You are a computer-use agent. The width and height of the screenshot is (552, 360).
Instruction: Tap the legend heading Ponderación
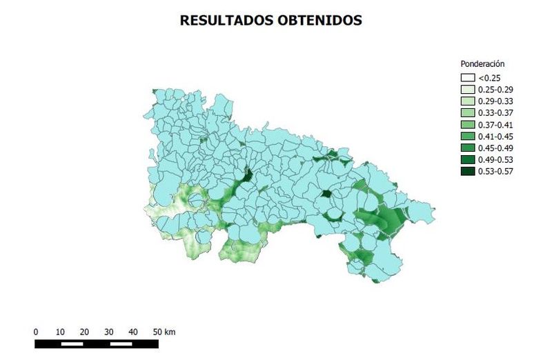pos(482,64)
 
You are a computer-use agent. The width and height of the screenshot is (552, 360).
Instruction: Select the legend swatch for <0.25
pos(469,78)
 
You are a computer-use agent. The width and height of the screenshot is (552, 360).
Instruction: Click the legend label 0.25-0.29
pos(495,90)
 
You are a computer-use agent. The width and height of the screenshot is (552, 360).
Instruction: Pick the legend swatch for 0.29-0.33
pos(469,101)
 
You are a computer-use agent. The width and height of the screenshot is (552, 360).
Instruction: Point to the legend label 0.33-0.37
pos(495,113)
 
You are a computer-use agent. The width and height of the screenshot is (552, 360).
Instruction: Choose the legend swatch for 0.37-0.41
pos(469,125)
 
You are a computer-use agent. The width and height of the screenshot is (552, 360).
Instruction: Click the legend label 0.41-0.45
pos(495,137)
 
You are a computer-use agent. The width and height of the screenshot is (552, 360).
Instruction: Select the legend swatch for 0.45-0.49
pos(469,148)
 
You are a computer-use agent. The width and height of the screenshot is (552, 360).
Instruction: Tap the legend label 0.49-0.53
pos(495,160)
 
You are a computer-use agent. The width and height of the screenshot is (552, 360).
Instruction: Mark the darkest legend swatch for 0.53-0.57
pos(469,172)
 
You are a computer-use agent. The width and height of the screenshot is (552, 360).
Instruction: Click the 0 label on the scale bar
pos(36,332)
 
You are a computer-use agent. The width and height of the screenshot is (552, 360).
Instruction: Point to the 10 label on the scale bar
pos(60,332)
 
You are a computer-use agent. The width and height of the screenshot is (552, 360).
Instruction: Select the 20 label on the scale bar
pos(84,332)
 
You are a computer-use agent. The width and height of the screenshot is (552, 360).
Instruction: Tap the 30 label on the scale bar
pos(108,332)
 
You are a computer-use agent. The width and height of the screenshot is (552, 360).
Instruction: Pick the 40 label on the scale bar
pos(133,332)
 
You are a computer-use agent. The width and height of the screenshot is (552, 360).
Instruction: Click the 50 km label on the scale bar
pos(164,332)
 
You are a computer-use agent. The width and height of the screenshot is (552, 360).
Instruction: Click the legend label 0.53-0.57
pos(495,172)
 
